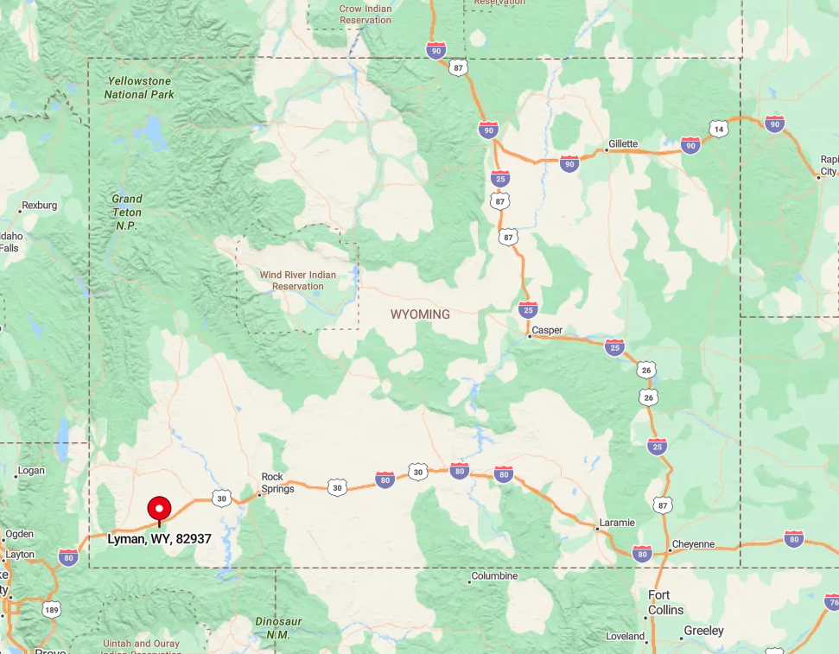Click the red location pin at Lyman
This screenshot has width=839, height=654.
tap(159, 509)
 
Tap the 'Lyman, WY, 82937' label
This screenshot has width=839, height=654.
tap(159, 539)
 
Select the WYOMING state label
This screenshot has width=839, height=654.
tap(420, 314)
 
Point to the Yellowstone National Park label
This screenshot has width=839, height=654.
tap(139, 87)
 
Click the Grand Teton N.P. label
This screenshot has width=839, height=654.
tap(127, 212)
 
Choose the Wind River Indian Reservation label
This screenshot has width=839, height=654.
tap(298, 281)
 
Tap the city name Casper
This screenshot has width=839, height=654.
tap(547, 330)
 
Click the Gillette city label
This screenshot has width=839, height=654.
tap(622, 144)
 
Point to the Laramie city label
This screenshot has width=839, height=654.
tap(617, 523)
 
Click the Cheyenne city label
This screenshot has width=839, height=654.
tap(693, 544)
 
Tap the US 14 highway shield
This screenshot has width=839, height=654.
tap(718, 130)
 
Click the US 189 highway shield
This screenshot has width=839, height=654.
tap(51, 610)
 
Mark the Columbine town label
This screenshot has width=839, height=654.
tap(494, 576)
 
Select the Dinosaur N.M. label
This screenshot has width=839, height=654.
tap(272, 627)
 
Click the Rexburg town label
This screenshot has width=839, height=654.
tap(40, 206)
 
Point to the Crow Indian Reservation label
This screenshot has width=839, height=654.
tap(365, 15)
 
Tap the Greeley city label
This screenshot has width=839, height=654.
tap(704, 631)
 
